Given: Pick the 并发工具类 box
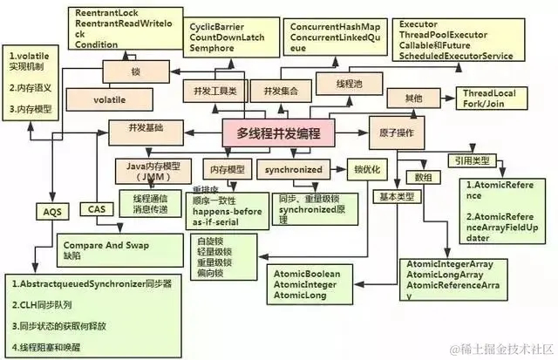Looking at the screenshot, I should [210, 91].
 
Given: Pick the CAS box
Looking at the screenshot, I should [97, 208].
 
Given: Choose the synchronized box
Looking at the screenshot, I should [291, 168].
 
